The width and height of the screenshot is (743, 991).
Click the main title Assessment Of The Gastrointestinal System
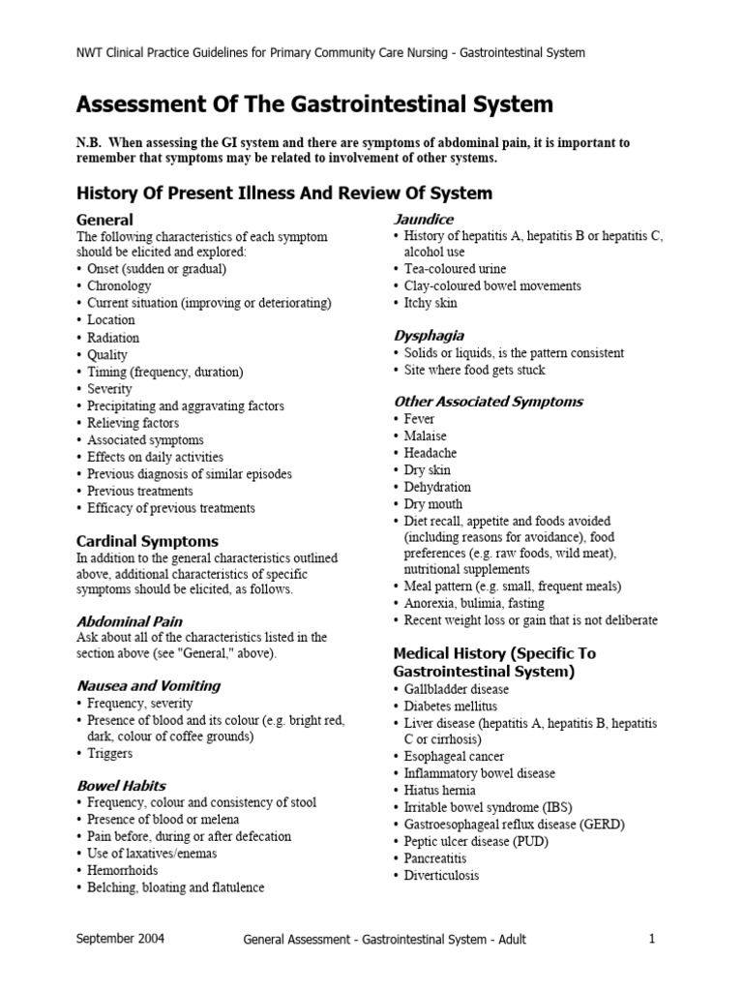(x=314, y=104)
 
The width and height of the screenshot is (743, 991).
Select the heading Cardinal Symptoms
(x=147, y=541)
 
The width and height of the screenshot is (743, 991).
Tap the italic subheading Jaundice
(x=424, y=219)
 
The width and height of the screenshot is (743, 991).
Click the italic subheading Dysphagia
(x=429, y=335)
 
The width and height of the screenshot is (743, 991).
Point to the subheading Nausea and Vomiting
(x=148, y=685)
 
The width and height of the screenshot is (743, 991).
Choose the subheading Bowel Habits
(x=121, y=785)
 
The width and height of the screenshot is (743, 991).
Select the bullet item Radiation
(x=113, y=338)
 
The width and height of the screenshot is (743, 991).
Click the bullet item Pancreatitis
(x=435, y=858)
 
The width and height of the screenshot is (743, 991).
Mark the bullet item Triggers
(x=109, y=753)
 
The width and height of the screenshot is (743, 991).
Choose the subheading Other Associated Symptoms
(x=489, y=401)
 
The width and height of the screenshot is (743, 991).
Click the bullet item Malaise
(x=426, y=435)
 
